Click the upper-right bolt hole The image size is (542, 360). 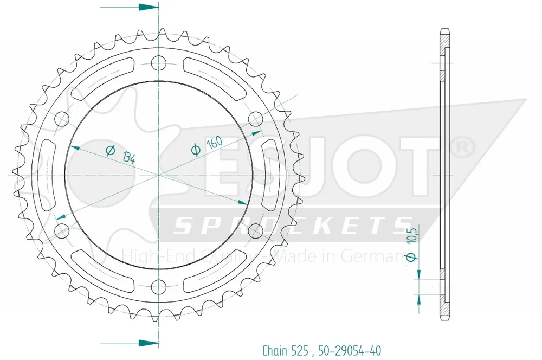coord(256,118)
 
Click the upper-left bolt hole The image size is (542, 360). coord(61,118)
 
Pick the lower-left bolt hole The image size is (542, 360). coord(61,231)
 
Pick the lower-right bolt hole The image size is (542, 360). coord(256,231)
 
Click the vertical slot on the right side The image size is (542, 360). coord(269,175)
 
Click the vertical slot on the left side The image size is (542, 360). coord(47,175)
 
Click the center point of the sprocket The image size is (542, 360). coord(158,175)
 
